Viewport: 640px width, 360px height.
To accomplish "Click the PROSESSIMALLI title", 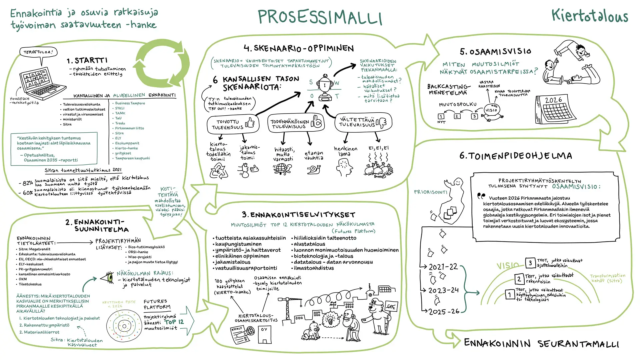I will coord(320,17).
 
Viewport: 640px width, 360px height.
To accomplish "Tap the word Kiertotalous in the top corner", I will coord(589,16).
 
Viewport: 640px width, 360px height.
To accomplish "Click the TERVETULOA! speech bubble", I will coord(38,52).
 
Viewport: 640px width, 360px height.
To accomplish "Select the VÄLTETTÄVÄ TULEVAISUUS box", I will coord(363,122).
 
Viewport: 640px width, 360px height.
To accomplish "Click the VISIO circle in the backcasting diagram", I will coord(491,110).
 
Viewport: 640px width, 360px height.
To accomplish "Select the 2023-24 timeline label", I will coord(443,291).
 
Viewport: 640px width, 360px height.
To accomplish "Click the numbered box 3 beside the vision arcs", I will coord(530,263).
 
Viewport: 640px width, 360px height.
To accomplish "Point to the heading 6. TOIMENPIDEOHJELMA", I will coord(516,156).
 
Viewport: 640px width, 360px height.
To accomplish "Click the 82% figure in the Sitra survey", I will coord(27,183).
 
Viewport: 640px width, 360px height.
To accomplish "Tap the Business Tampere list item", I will coord(130,103).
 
